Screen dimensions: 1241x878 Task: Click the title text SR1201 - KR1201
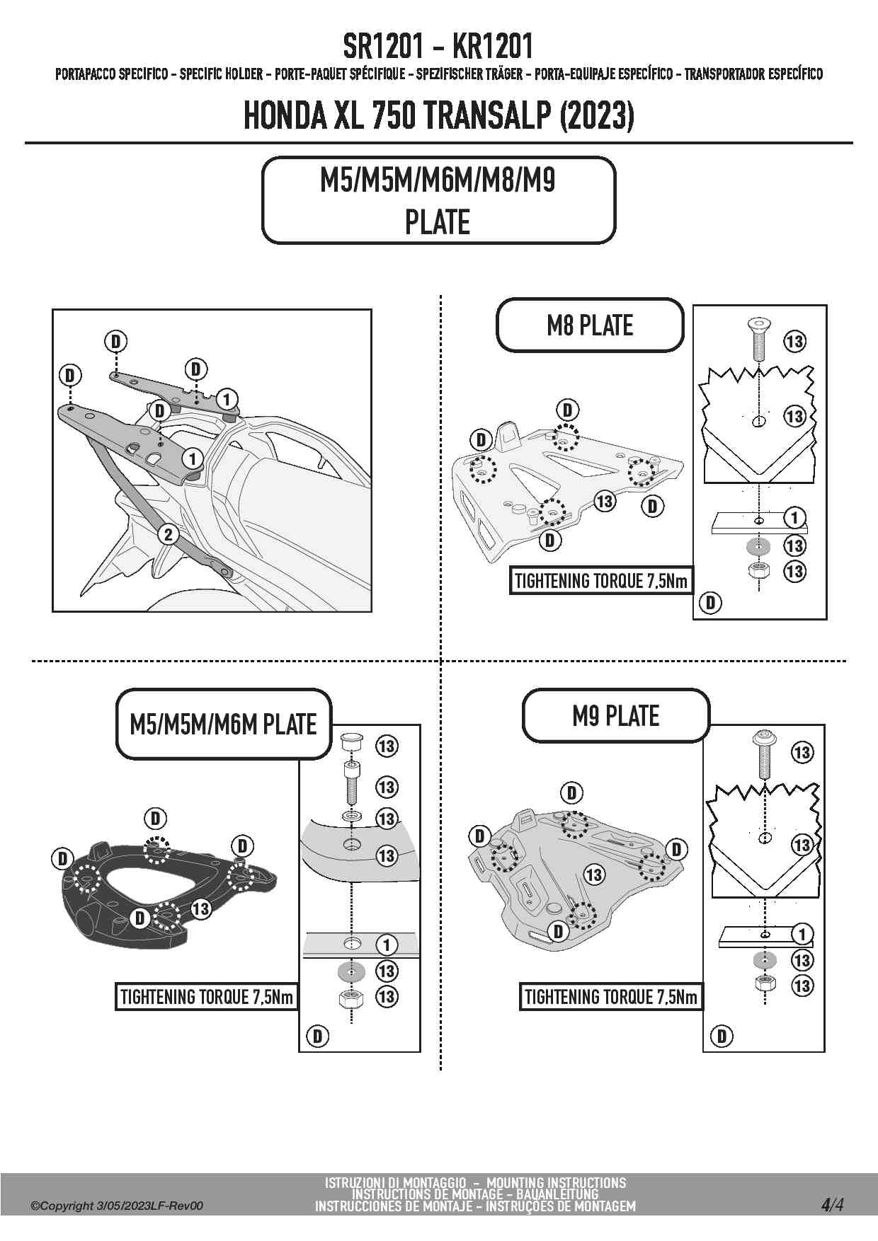pos(438,47)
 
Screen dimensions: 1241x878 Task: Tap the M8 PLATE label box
pos(590,325)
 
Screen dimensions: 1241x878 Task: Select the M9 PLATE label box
pos(615,716)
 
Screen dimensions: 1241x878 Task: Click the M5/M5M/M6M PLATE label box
pos(223,725)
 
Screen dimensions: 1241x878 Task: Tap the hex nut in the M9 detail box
pos(764,983)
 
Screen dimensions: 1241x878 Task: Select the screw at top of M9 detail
pos(764,751)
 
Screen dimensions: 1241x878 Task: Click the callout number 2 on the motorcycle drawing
pos(168,534)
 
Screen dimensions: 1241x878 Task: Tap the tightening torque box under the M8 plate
pos(600,582)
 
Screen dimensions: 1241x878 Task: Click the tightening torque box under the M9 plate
pos(610,997)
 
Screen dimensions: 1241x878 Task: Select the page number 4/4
pos(832,1205)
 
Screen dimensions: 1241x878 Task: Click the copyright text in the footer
pos(117,1206)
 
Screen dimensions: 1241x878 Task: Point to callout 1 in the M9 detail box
pos(802,935)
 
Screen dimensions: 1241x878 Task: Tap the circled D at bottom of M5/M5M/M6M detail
pos(317,1037)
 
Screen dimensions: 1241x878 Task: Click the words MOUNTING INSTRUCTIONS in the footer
pos(556,1182)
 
